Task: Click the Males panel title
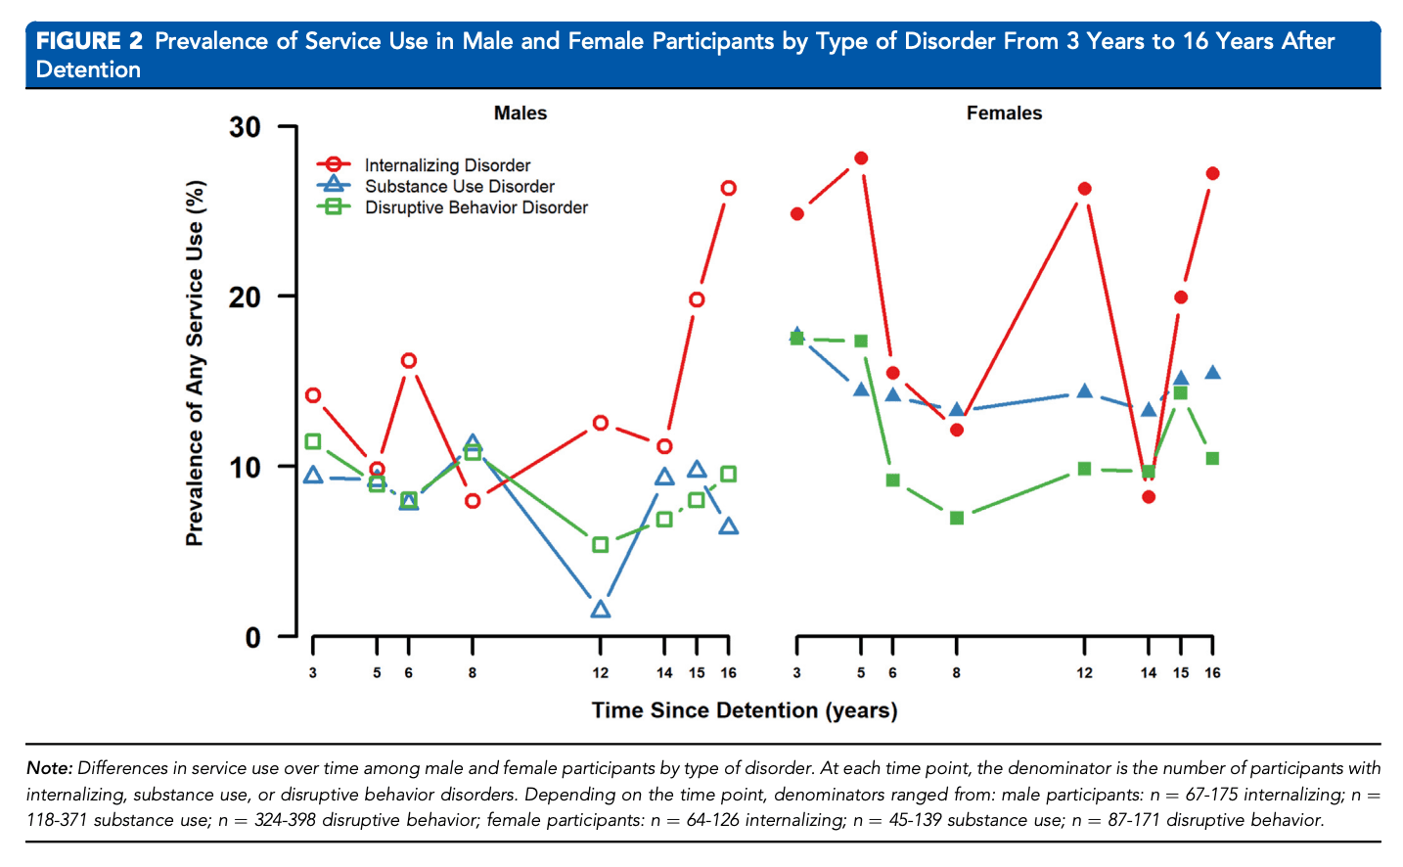pos(520,114)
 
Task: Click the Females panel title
pos(1004,114)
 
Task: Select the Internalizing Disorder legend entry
pos(447,165)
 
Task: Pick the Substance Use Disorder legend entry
pos(459,186)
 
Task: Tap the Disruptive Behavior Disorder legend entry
pos(475,207)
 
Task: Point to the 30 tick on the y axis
pos(246,127)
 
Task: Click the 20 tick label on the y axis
pos(246,297)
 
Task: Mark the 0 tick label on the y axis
pos(253,638)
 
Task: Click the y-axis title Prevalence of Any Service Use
pos(196,363)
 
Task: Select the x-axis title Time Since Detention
pos(744,710)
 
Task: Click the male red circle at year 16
pos(728,188)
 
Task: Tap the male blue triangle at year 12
pos(601,610)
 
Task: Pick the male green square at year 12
pos(601,544)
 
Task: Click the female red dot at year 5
pos(861,159)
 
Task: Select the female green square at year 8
pos(957,518)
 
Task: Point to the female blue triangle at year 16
pos(1212,373)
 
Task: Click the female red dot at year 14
pos(1149,497)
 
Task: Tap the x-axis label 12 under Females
pos(1084,673)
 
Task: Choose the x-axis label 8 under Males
pos(473,673)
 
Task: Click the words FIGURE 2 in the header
pos(89,41)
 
